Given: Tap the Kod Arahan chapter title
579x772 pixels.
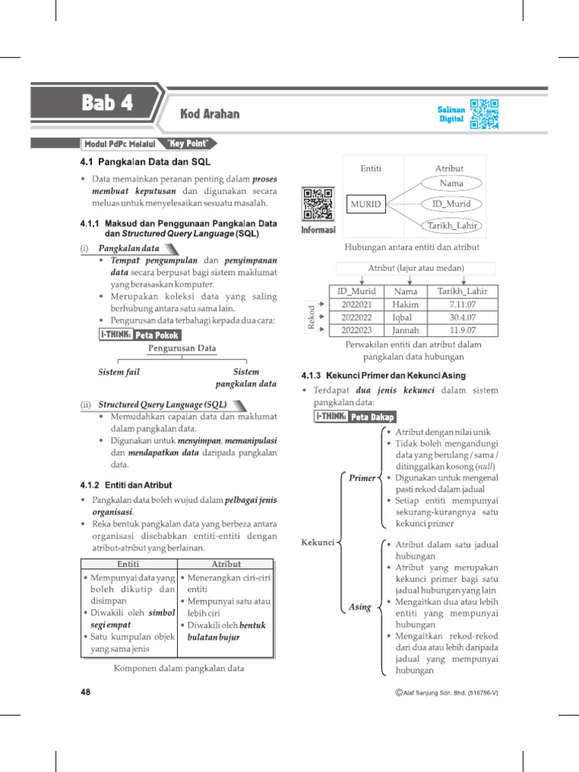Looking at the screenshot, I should point(210,114).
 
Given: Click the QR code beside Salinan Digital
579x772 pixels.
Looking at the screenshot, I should point(484,114).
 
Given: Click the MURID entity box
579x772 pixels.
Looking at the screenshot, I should point(366,204).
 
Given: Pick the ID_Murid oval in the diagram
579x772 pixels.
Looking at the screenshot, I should point(452,204).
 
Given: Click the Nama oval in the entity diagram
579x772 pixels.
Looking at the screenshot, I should point(452,182).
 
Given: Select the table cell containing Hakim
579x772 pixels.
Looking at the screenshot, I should point(405,304).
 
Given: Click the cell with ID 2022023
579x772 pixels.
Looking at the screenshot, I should point(356,329).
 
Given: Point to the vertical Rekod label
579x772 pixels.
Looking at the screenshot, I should point(310,317).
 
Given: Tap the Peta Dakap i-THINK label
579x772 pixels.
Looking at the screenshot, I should point(355,416).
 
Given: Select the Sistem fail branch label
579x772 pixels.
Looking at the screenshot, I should point(119,372).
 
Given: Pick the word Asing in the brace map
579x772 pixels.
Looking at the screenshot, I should point(360,606).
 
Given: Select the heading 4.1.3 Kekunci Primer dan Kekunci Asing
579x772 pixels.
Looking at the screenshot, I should point(383,375).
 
